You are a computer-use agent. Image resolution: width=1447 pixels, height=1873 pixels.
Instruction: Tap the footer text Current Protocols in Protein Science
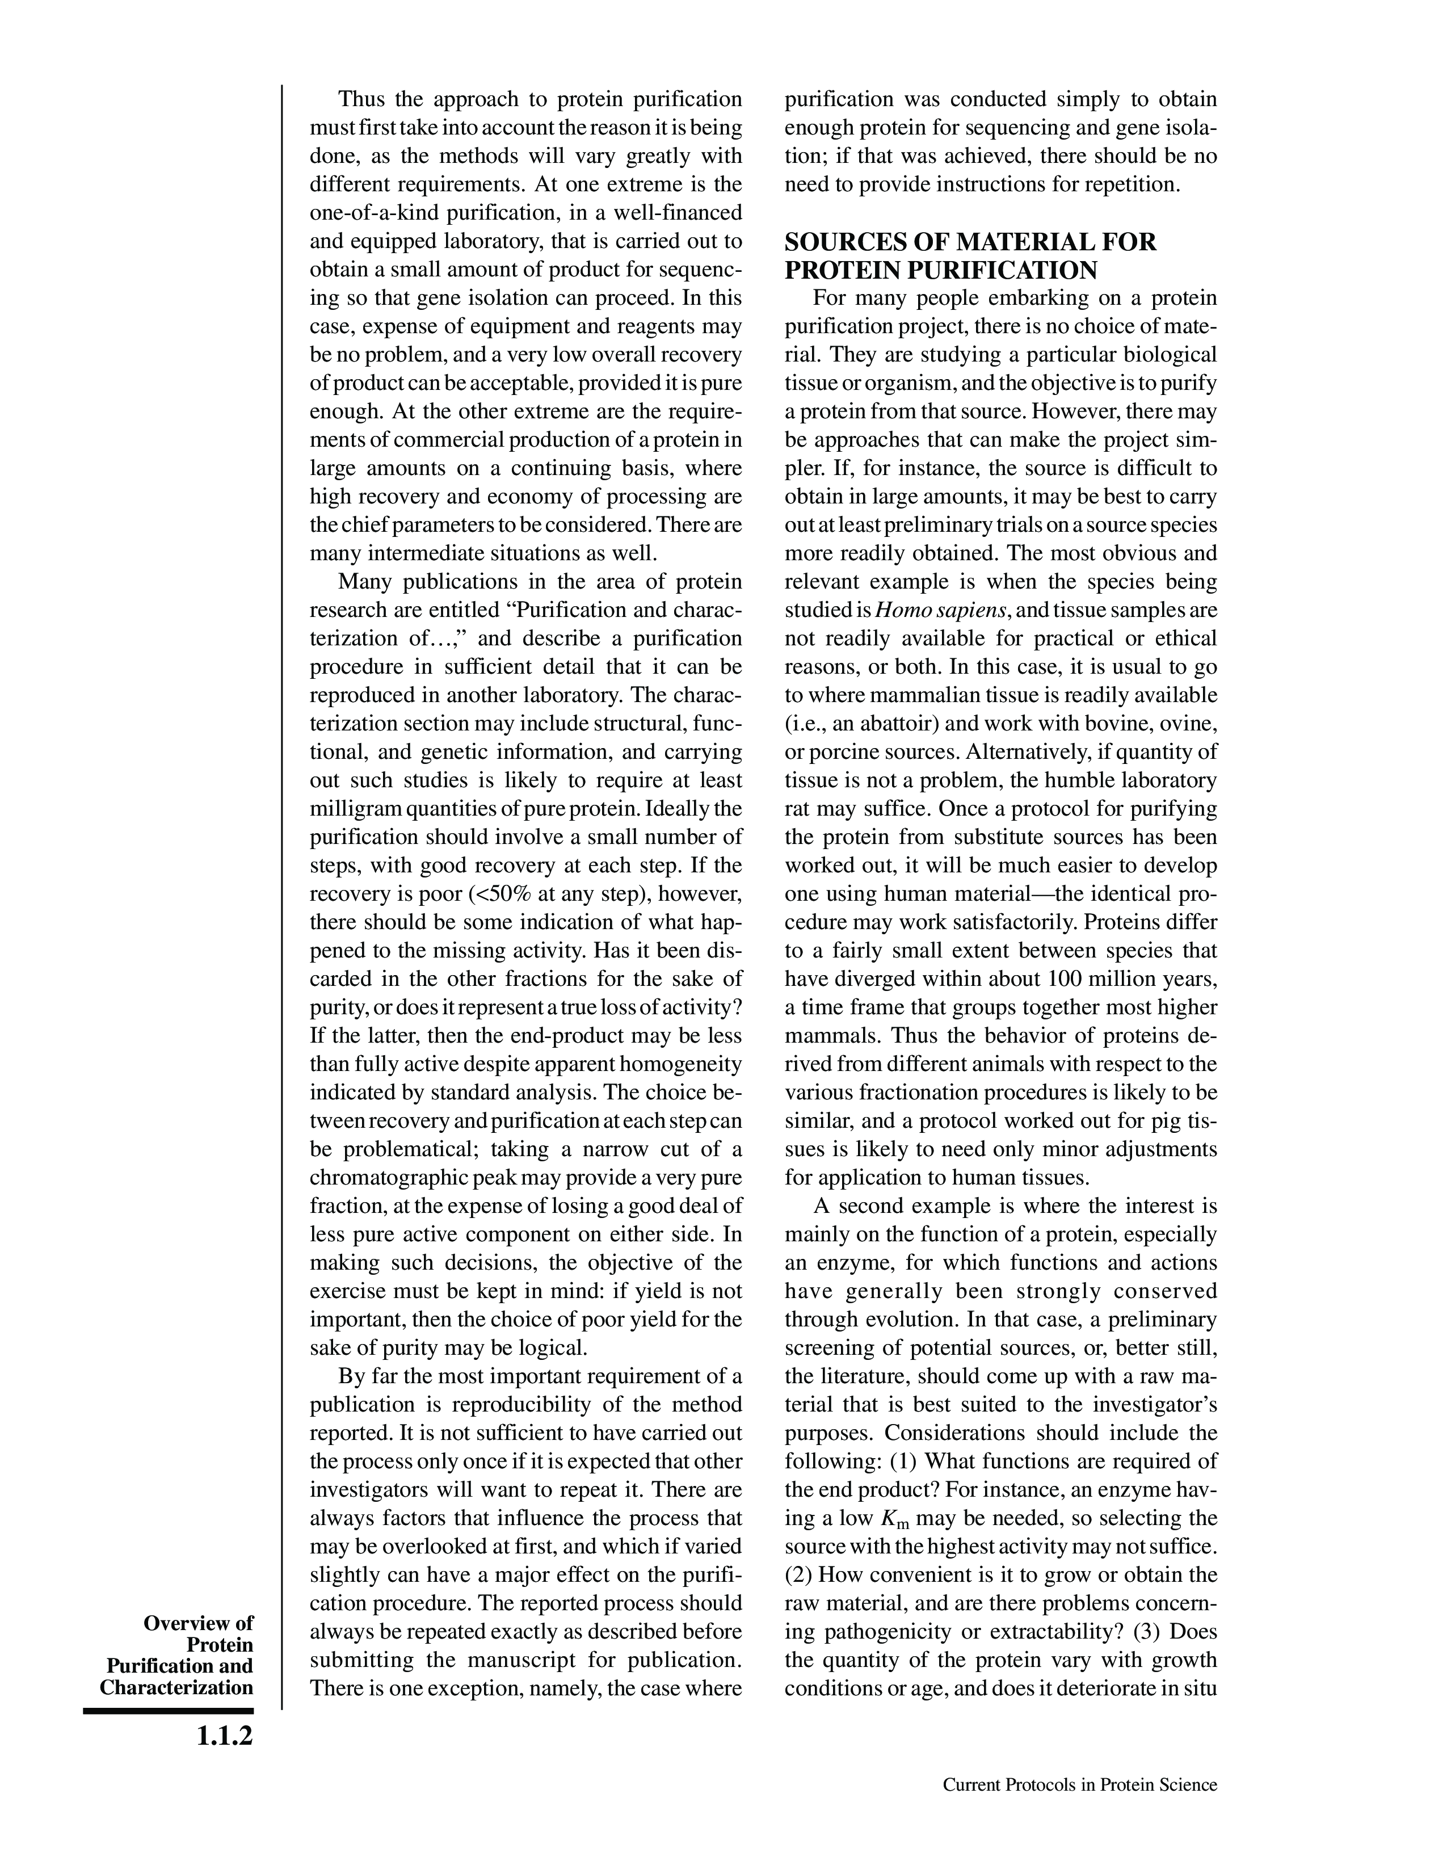1079,1784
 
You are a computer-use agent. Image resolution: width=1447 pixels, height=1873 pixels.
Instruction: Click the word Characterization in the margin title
176,1688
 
